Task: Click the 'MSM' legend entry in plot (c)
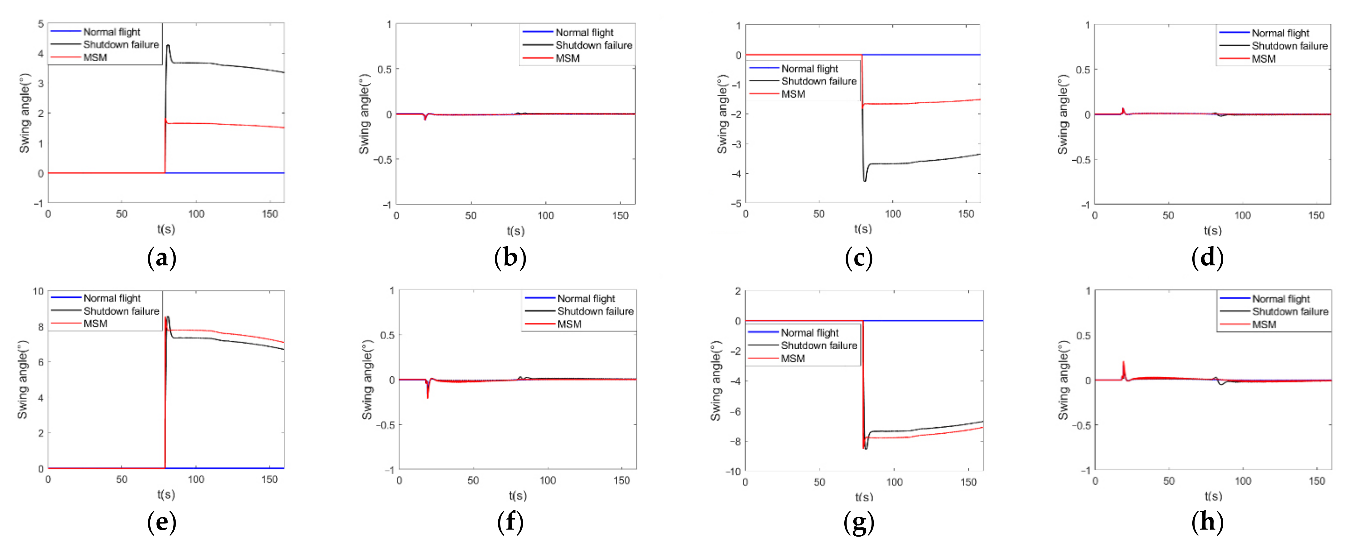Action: (x=793, y=94)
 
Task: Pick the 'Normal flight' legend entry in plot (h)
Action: (x=1280, y=299)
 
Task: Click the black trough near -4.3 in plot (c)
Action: (x=864, y=181)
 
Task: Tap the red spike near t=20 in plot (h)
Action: (x=1123, y=362)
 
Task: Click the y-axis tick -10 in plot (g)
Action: (x=733, y=471)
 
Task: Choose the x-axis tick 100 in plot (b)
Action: (x=545, y=215)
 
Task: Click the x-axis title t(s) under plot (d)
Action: (x=1212, y=230)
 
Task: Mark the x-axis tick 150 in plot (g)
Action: (x=968, y=482)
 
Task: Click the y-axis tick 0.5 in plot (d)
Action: (x=1083, y=70)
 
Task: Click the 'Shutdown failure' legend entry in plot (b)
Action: (x=593, y=45)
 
